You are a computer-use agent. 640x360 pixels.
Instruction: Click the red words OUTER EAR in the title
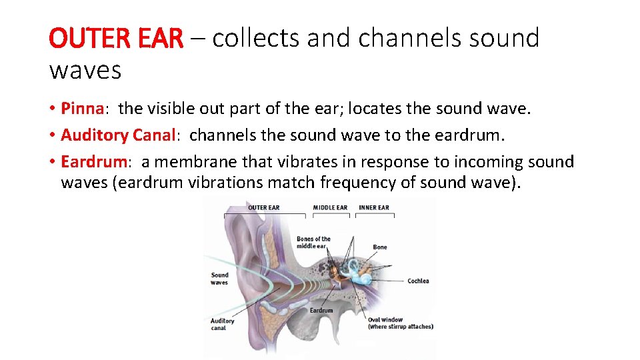click(x=115, y=39)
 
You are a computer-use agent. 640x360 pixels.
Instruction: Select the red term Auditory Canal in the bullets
click(x=117, y=135)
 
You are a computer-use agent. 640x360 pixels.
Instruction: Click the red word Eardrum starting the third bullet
click(x=94, y=162)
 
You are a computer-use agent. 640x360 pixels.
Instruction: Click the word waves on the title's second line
click(x=85, y=69)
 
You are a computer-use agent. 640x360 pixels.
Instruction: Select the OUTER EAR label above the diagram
click(x=263, y=207)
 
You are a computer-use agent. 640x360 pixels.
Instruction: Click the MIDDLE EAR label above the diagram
click(x=330, y=207)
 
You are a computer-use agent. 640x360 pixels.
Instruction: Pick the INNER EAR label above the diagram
click(x=373, y=207)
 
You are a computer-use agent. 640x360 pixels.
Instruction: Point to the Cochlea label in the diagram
click(x=418, y=281)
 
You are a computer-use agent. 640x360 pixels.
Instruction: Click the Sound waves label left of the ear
click(x=219, y=279)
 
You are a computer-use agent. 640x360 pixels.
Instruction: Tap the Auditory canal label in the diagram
click(x=222, y=324)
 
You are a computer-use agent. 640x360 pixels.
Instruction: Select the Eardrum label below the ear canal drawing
click(x=321, y=311)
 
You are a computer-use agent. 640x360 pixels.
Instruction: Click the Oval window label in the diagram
click(x=400, y=323)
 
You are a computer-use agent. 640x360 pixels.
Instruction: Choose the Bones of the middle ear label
click(x=313, y=242)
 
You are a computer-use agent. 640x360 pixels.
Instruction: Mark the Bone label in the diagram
click(x=380, y=247)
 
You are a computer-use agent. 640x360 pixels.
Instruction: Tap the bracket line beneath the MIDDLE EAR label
click(x=330, y=215)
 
